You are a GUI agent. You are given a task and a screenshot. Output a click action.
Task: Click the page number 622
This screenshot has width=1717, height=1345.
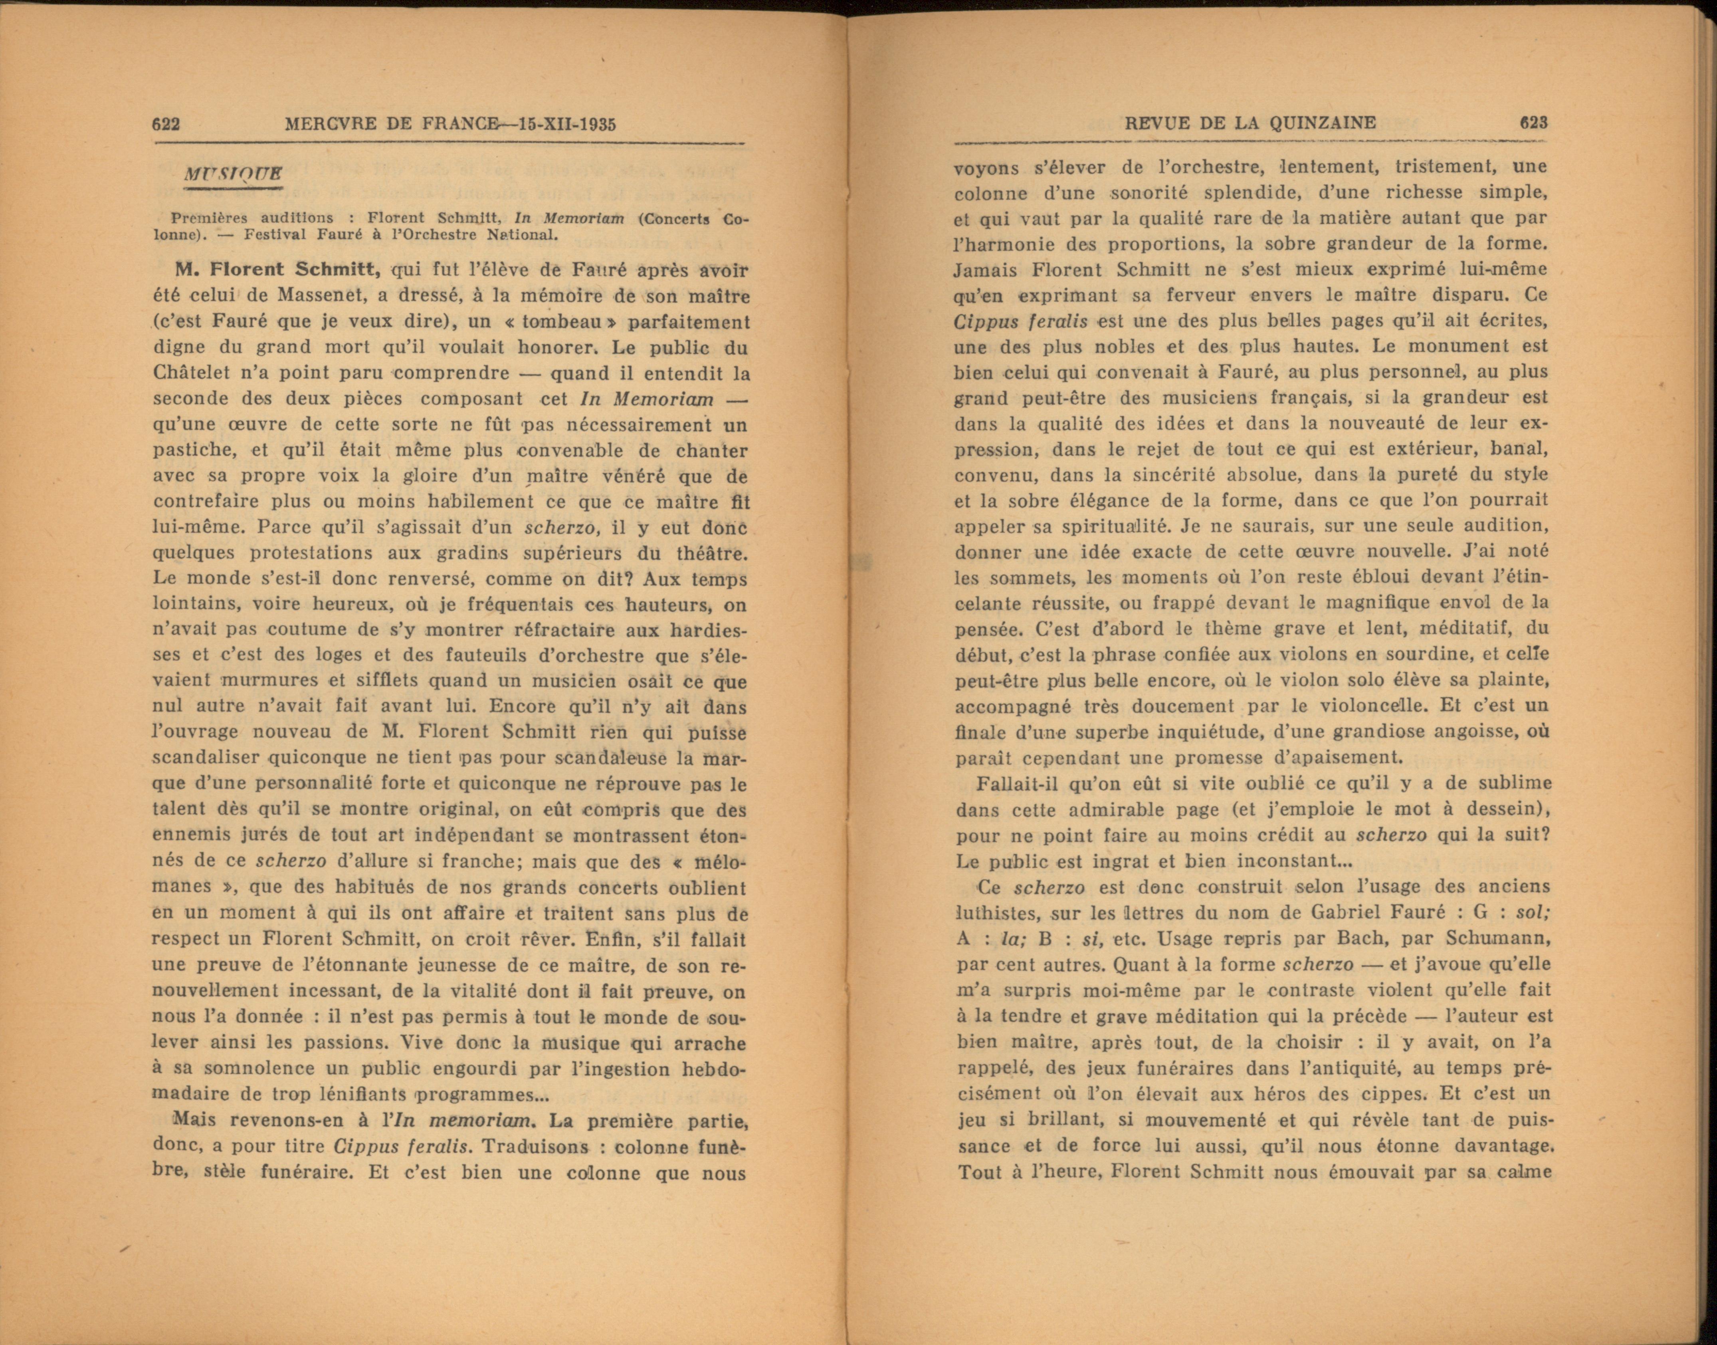tap(167, 125)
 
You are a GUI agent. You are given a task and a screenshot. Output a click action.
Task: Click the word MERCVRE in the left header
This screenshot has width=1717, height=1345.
tap(331, 125)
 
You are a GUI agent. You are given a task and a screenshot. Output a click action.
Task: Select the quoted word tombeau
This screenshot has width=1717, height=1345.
tap(563, 322)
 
